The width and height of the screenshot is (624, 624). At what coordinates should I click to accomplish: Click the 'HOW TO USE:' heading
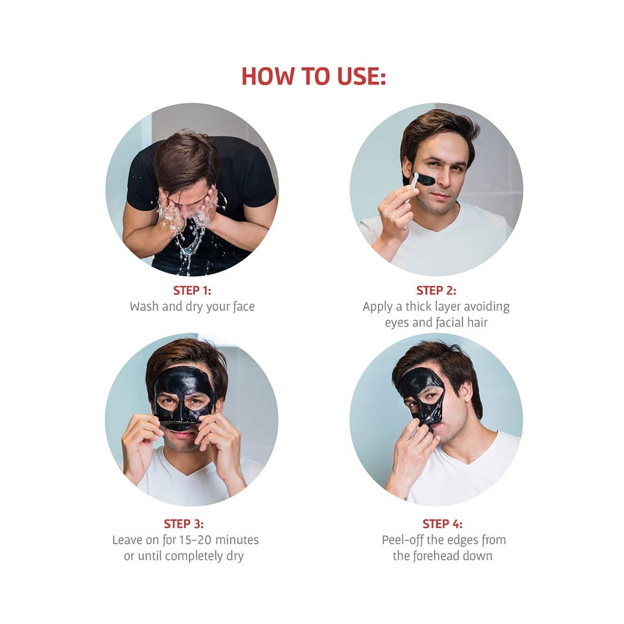(x=313, y=76)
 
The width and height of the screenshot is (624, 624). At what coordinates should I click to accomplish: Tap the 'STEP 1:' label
(x=192, y=291)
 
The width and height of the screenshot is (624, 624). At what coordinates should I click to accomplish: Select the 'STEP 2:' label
(x=436, y=291)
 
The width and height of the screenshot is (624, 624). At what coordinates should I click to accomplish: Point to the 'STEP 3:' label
(x=184, y=524)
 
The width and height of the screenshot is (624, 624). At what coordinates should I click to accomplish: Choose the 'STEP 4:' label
(x=443, y=524)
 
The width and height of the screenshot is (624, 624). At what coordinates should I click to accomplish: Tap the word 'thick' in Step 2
(x=418, y=307)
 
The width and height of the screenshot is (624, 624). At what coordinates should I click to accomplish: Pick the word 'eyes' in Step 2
(x=396, y=323)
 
